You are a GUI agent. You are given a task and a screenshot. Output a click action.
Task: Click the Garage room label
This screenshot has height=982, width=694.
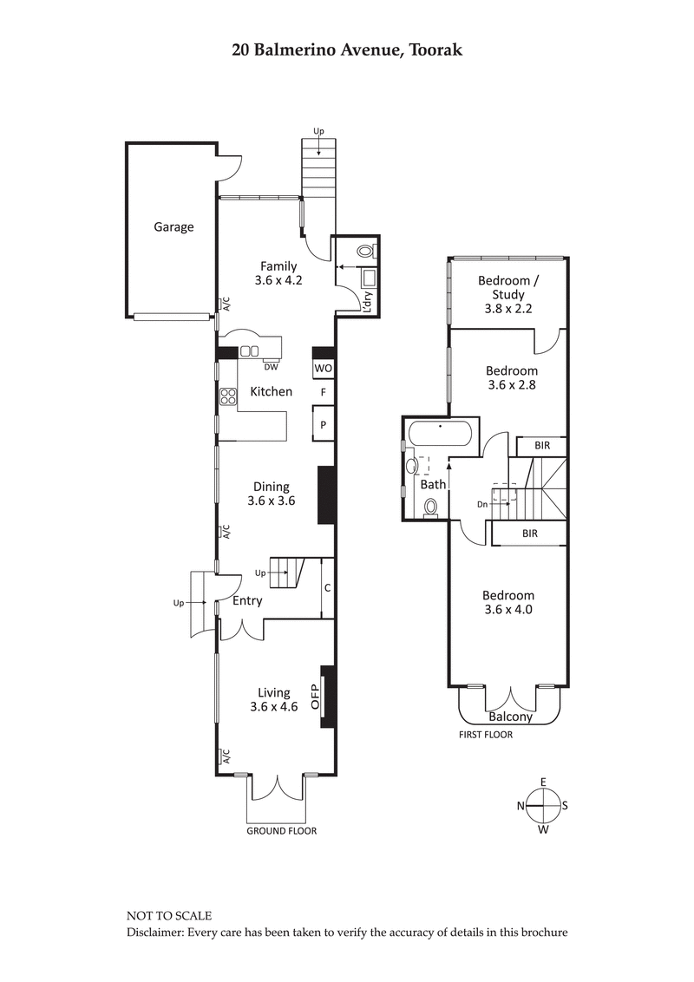pos(173,227)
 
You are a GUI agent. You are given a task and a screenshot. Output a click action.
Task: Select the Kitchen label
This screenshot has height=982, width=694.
pos(271,392)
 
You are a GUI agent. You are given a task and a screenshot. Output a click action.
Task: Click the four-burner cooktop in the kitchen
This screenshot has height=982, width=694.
pos(229,396)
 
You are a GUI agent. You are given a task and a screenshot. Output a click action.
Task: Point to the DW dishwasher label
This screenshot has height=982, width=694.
pos(271,367)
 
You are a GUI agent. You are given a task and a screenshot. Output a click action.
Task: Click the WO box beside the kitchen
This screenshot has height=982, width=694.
pos(323,369)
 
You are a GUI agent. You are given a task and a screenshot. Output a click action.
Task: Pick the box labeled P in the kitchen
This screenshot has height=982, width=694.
pos(323,425)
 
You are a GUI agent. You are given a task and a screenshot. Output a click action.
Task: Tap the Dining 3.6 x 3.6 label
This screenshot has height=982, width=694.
pos(271,494)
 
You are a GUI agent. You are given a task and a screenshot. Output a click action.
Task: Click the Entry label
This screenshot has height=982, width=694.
pos(247,600)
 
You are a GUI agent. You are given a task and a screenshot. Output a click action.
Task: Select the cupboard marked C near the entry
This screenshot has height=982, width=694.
pos(327,587)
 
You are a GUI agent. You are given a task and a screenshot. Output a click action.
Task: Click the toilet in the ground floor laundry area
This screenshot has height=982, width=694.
pos(366,252)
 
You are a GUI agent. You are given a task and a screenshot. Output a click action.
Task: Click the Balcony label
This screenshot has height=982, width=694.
pos(510,717)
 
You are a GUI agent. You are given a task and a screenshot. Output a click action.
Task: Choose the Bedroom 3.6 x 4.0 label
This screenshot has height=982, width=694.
pos(507,602)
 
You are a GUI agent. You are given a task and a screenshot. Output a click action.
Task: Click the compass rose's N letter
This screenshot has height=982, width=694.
pos(521,806)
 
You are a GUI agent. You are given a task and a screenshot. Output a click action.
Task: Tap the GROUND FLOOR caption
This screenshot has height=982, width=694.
pos(281,831)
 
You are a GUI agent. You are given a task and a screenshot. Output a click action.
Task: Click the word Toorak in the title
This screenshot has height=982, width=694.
pos(431,49)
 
